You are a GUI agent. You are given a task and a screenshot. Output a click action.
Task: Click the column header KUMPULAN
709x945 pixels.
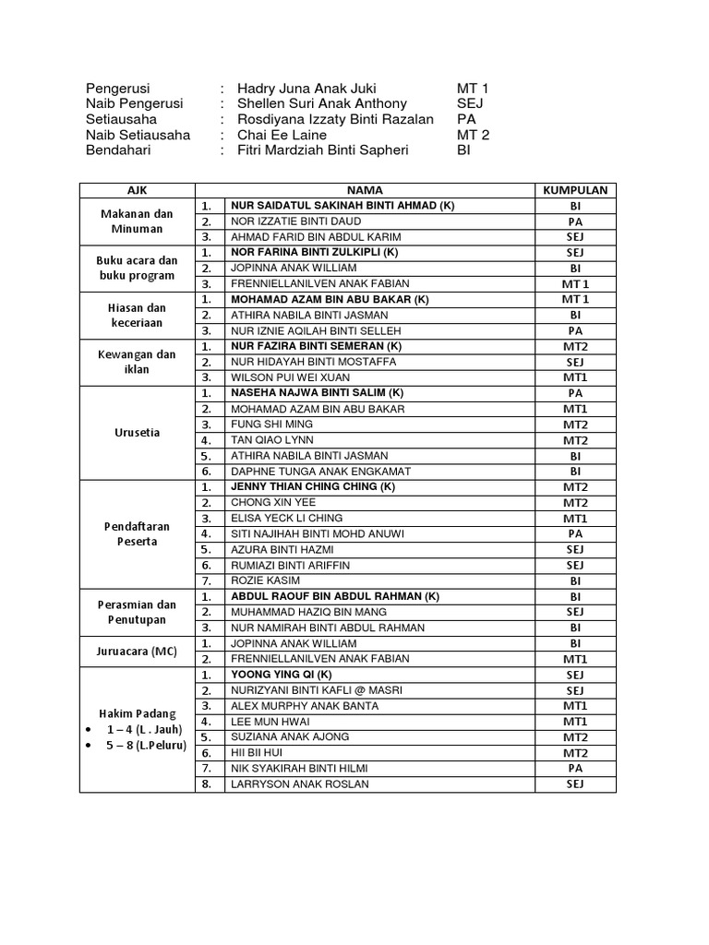575,190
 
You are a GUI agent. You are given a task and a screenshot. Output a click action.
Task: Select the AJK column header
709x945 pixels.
137,190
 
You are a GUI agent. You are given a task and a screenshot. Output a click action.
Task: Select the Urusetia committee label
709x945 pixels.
137,432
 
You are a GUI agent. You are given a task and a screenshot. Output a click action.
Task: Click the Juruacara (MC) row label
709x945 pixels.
137,651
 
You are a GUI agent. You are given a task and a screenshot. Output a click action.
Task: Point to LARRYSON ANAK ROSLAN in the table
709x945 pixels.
300,784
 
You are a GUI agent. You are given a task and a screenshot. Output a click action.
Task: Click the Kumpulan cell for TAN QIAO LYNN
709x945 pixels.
575,440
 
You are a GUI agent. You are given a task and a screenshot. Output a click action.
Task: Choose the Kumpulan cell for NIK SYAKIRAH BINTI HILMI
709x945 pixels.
575,768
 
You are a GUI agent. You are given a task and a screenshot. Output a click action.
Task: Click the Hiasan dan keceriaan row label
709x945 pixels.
137,315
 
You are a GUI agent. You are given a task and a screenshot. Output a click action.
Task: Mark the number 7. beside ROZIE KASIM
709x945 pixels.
209,580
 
